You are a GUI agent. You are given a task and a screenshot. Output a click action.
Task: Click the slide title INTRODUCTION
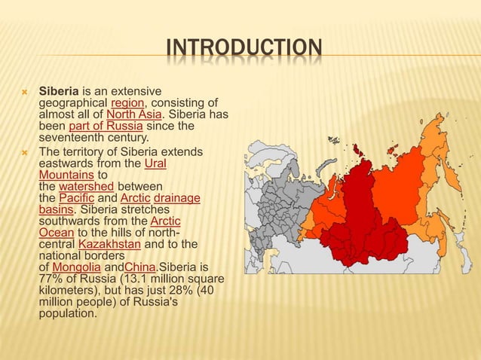244,51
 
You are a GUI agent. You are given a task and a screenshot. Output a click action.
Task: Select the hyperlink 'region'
125,103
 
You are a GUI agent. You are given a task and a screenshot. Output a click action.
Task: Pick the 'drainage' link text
177,197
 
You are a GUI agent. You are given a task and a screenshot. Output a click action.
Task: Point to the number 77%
51,279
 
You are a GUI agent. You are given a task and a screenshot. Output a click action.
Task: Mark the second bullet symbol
24,151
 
